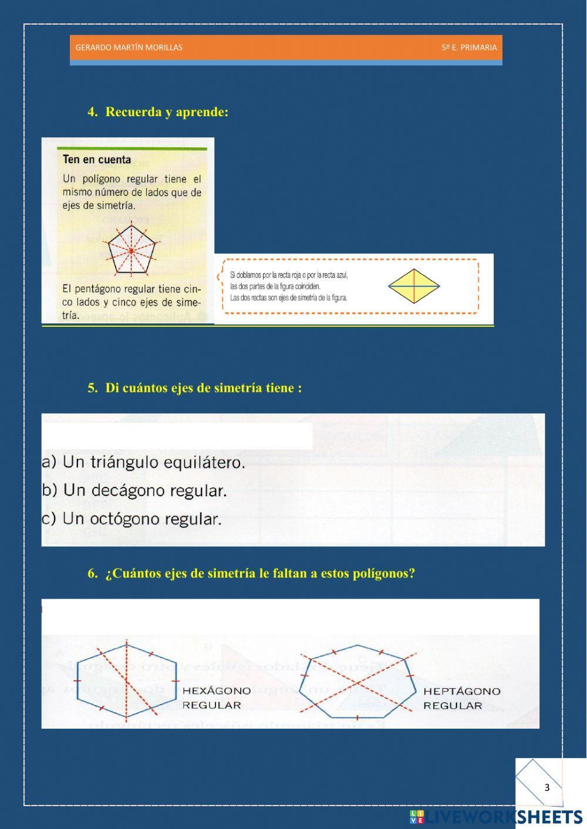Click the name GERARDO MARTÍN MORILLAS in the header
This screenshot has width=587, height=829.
129,48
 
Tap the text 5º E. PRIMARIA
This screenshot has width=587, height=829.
469,48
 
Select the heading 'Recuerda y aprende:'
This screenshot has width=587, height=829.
166,112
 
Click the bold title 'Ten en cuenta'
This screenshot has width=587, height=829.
97,160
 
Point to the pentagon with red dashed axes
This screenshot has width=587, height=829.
131,251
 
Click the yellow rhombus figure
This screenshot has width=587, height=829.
414,286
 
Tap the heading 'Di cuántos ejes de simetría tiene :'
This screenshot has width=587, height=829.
203,388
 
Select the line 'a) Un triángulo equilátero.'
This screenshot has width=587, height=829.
143,462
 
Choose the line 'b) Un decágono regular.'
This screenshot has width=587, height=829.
134,490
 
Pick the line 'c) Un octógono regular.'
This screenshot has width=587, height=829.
132,519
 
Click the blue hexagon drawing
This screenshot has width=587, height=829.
127,681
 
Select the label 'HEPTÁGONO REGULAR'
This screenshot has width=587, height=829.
461,698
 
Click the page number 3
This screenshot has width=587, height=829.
547,787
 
